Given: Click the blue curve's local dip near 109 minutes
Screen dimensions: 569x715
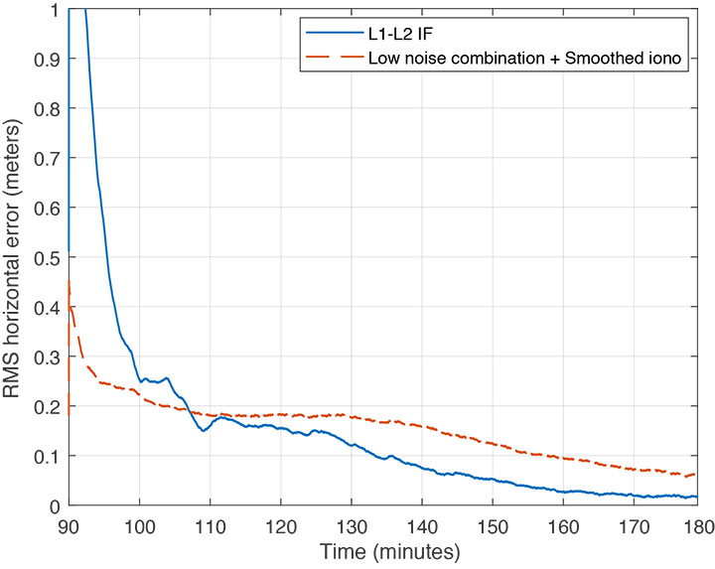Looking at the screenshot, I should coord(203,431).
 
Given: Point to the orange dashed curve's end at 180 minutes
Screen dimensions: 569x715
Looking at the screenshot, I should coord(696,475).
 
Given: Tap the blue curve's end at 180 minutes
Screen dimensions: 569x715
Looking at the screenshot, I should coord(696,497).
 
